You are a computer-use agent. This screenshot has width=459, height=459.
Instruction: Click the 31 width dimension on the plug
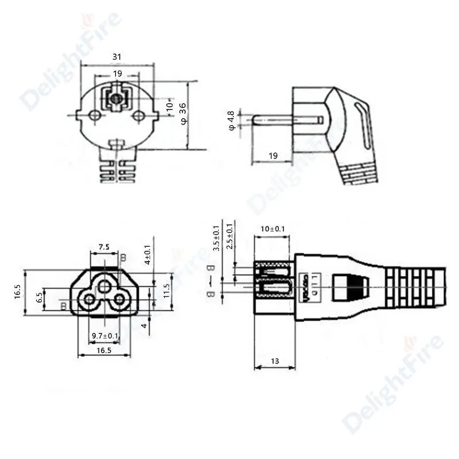pyautogui.click(x=117, y=56)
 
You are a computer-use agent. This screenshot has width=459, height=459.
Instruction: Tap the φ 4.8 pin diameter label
pyautogui.click(x=231, y=120)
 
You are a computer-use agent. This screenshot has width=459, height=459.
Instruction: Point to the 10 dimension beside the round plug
pyautogui.click(x=169, y=106)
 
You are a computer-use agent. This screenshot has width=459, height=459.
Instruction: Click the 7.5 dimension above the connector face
pyautogui.click(x=104, y=247)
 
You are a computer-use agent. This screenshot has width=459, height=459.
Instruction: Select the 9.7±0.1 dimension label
pyautogui.click(x=105, y=336)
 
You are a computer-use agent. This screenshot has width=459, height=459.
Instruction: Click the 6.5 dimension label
pyautogui.click(x=39, y=297)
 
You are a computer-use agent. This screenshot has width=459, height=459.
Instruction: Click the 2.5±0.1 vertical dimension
pyautogui.click(x=230, y=236)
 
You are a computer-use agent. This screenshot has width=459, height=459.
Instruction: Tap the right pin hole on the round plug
pyautogui.click(x=138, y=116)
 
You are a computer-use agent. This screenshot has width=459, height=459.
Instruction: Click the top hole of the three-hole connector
pyautogui.click(x=104, y=286)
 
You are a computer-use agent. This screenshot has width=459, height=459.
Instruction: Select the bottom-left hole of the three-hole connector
pyautogui.click(x=89, y=299)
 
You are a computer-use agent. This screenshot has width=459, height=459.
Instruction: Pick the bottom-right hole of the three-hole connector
pyautogui.click(x=119, y=299)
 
